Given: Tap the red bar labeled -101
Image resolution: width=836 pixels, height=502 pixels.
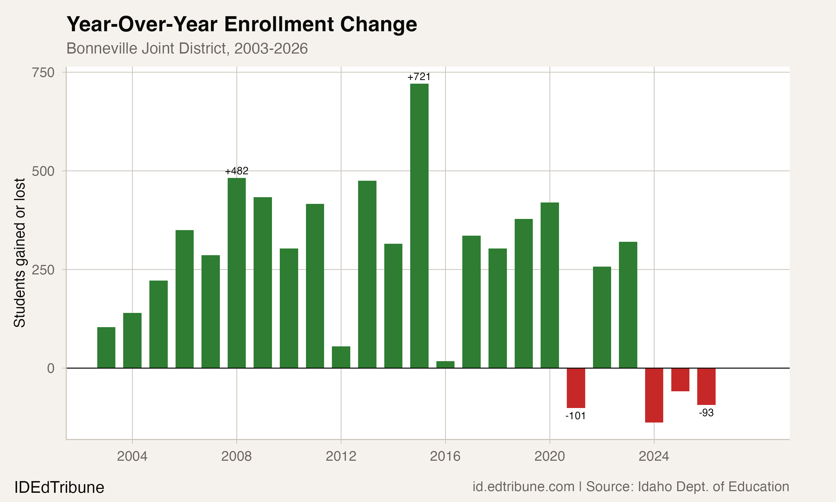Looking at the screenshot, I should [x=576, y=388].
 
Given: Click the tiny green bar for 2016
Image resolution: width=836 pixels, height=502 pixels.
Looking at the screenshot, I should [x=445, y=365].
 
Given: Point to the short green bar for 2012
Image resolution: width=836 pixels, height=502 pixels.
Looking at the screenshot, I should [x=341, y=357].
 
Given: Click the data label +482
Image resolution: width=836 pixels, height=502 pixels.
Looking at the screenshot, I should [x=237, y=171].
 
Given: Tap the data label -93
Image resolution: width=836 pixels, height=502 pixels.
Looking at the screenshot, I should [x=706, y=413].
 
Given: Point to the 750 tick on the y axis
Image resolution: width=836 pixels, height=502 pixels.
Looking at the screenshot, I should [x=43, y=73].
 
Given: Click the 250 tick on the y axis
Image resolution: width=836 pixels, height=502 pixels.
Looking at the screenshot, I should [x=43, y=270].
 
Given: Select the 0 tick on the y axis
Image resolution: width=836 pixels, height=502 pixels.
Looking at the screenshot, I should [x=51, y=368].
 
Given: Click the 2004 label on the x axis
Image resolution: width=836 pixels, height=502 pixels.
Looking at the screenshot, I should [x=132, y=456].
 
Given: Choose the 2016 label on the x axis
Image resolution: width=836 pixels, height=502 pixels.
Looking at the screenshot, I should [x=445, y=456].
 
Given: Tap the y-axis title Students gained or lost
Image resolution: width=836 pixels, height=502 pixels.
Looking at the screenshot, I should [x=20, y=253].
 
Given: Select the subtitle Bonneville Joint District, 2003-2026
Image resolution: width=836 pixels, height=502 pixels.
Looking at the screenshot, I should [x=187, y=48].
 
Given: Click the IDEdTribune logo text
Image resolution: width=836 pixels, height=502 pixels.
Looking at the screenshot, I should [x=59, y=487].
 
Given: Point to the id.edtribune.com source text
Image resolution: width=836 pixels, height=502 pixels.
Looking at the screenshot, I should [x=523, y=486].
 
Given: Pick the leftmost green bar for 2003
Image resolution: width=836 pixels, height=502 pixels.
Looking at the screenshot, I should [x=106, y=347].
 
